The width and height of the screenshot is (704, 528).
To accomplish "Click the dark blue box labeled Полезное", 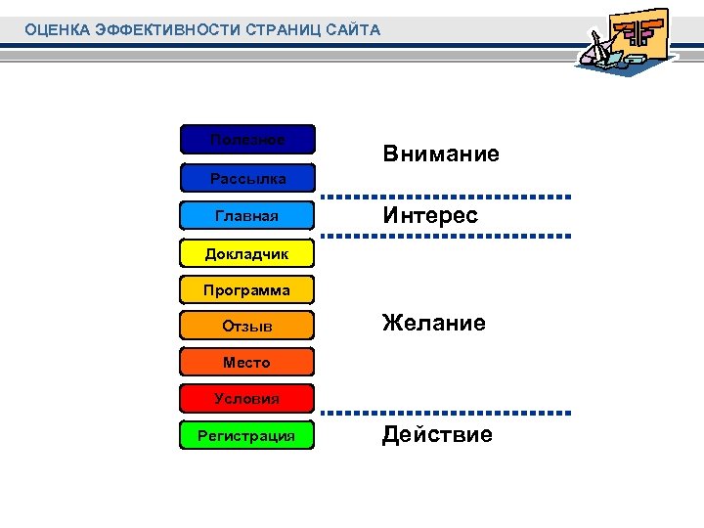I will [247, 140].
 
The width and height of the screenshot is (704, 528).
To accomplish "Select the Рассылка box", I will [247, 178].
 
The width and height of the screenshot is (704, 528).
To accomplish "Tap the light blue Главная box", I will [247, 215].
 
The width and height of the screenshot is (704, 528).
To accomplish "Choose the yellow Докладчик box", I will [247, 253].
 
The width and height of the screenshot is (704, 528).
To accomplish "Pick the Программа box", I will [247, 289].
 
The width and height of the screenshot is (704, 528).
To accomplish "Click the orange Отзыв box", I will [247, 326].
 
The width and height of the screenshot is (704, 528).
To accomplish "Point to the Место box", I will [247, 362].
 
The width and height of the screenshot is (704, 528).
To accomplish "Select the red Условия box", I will [247, 398].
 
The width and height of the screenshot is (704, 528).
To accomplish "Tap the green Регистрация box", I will [247, 435].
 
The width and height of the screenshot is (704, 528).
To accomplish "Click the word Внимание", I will [441, 154].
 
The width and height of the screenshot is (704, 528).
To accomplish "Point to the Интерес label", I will [430, 215].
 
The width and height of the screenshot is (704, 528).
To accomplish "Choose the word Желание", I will [434, 324].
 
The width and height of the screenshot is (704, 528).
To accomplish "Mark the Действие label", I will [437, 434].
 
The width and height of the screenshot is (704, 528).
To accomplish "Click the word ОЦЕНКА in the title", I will [58, 30].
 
